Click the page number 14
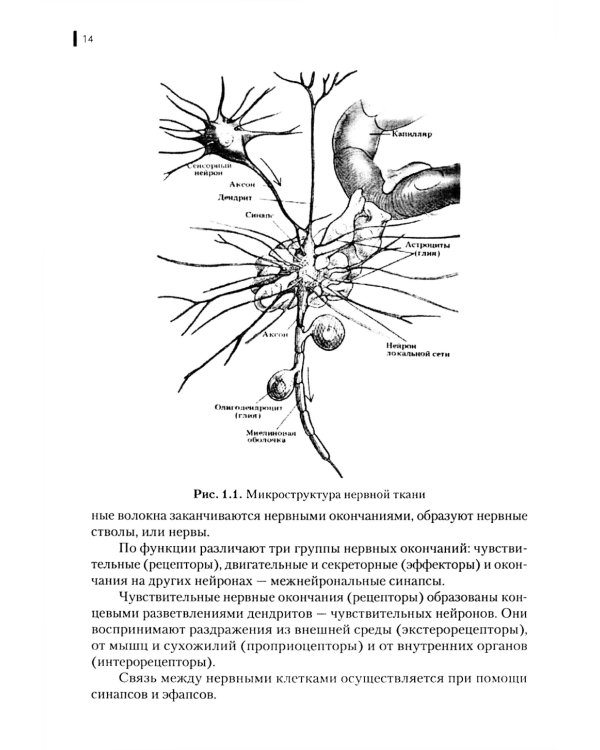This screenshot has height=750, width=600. [88, 39]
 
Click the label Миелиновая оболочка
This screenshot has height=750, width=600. [263, 439]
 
